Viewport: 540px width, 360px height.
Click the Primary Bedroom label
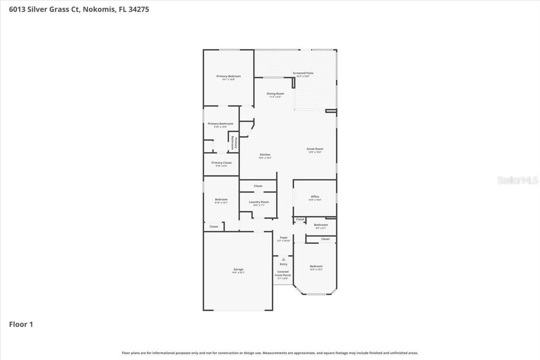pyautogui.click(x=229, y=76)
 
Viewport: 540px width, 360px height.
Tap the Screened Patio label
pyautogui.click(x=303, y=73)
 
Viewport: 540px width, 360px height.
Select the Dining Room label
pyautogui.click(x=275, y=94)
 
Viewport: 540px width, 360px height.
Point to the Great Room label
pyautogui.click(x=315, y=149)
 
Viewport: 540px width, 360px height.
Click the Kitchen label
pyautogui.click(x=265, y=155)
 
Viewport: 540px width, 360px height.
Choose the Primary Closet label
pyautogui.click(x=221, y=163)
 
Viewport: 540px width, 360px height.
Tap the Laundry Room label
pyautogui.click(x=259, y=202)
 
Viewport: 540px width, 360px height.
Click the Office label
pyautogui.click(x=315, y=197)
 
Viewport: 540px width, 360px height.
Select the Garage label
pyautogui.click(x=238, y=270)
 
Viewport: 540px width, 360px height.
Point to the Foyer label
pyautogui.click(x=283, y=238)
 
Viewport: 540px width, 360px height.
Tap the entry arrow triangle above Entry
pyautogui.click(x=283, y=259)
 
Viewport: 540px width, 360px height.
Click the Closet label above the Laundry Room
pyautogui.click(x=258, y=186)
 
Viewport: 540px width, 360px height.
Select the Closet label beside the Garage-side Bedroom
pyautogui.click(x=214, y=226)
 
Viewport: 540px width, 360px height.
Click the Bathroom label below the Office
pyautogui.click(x=321, y=225)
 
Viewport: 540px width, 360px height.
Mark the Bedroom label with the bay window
pyautogui.click(x=316, y=266)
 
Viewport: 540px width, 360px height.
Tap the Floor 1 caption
pyautogui.click(x=21, y=324)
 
